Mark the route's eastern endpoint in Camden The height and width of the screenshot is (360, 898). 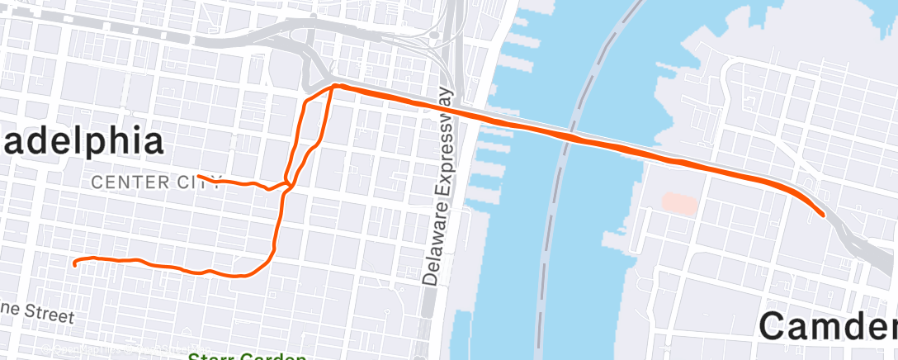[x=824, y=215]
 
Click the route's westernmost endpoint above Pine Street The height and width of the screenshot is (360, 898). [x=75, y=264]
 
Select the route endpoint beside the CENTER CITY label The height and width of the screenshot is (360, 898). [x=199, y=176]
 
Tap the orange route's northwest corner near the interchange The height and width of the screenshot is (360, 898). [x=334, y=85]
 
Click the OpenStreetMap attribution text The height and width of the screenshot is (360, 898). [x=91, y=350]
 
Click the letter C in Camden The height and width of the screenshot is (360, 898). [x=777, y=325]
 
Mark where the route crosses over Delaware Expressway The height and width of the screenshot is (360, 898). [x=448, y=110]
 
